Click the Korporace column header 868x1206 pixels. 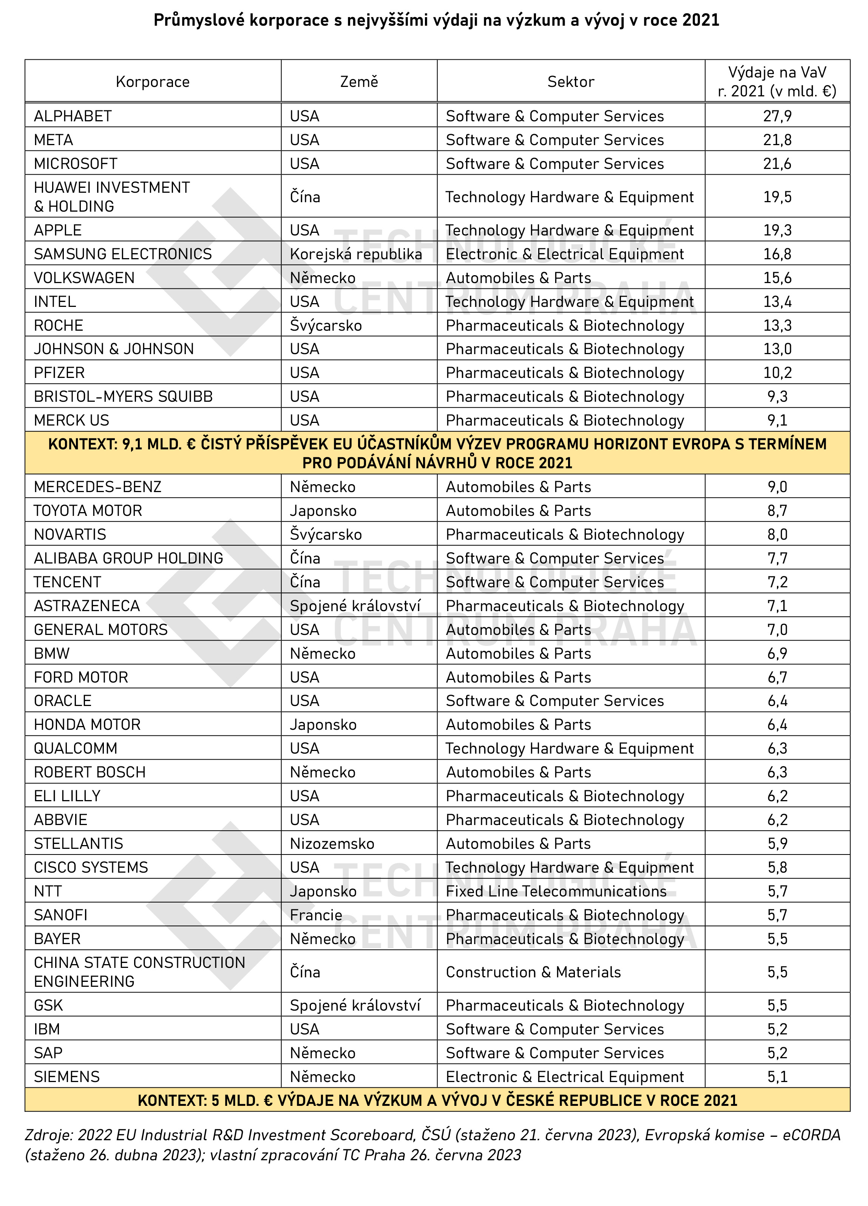(x=153, y=82)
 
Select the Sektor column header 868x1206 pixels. (x=570, y=82)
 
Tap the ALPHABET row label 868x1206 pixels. (x=73, y=116)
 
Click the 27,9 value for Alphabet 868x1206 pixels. (x=777, y=116)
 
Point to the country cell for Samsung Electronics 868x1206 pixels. (x=355, y=254)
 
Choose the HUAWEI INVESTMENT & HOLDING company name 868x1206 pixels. (x=112, y=197)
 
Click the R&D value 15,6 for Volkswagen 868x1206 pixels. (x=777, y=277)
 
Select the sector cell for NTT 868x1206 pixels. (x=556, y=891)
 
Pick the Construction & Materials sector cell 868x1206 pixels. (x=533, y=972)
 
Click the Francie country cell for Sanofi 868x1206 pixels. (x=316, y=915)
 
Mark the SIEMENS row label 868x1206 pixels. (x=67, y=1077)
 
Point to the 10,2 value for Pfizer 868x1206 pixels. (x=777, y=373)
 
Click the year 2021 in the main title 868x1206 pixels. (x=701, y=20)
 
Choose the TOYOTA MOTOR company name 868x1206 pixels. (x=88, y=511)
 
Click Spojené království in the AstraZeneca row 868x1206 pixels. (x=355, y=606)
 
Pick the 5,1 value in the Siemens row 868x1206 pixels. (x=777, y=1077)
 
